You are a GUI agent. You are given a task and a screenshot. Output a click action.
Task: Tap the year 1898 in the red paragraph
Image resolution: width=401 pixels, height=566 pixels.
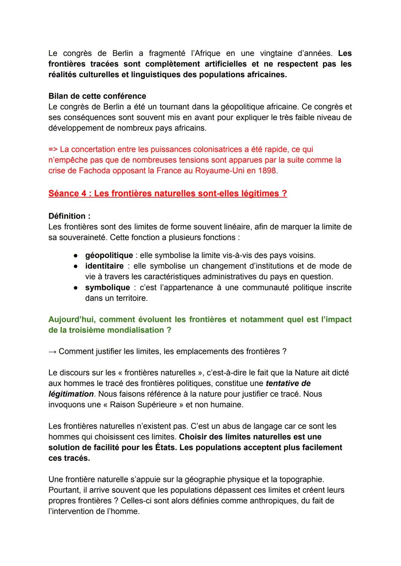click(x=268, y=171)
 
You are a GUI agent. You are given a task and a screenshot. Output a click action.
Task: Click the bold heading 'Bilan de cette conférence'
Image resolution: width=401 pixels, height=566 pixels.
click(x=97, y=96)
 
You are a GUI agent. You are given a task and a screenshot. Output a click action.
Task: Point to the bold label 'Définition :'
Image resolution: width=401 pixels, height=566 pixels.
click(x=69, y=216)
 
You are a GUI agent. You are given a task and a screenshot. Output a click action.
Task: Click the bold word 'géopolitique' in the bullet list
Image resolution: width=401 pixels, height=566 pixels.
click(x=109, y=255)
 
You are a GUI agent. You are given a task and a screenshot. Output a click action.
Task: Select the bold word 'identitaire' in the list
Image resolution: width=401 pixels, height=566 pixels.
click(x=104, y=266)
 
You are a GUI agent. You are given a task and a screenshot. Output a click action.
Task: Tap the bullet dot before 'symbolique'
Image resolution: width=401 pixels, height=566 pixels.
click(x=75, y=288)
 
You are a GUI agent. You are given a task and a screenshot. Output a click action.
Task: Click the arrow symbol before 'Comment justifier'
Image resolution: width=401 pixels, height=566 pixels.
click(x=52, y=351)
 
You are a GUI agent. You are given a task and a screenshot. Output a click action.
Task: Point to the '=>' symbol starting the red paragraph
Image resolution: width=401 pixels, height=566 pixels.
click(x=53, y=149)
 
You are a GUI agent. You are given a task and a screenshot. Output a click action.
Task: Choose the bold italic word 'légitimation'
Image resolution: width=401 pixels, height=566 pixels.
click(x=71, y=394)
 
